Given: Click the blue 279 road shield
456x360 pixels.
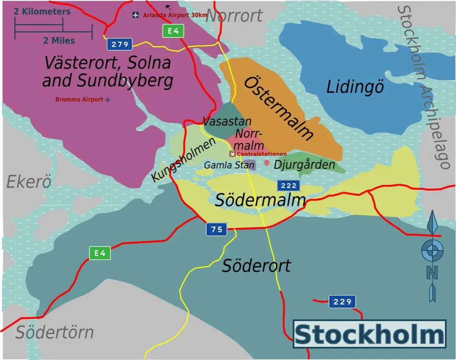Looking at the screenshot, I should [120, 45].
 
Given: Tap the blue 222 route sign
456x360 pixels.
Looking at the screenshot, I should [289, 185].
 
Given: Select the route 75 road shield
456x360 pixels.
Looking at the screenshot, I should [216, 229].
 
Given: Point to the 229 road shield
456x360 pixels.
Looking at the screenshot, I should [342, 302].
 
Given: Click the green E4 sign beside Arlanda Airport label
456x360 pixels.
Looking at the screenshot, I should [173, 31].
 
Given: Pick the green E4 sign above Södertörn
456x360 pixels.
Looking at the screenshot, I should [100, 253].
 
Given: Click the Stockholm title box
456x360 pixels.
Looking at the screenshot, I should [369, 334].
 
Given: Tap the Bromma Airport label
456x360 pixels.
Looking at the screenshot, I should [79, 100].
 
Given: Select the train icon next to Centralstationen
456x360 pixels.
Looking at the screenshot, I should [232, 154].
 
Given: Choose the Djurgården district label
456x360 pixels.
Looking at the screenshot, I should [305, 165].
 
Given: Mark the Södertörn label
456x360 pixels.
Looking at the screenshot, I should [54, 333].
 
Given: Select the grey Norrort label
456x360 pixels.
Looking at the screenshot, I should [234, 16].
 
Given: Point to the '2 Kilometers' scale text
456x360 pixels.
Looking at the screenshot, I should [42, 12].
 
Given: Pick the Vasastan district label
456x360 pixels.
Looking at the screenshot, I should [227, 122].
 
